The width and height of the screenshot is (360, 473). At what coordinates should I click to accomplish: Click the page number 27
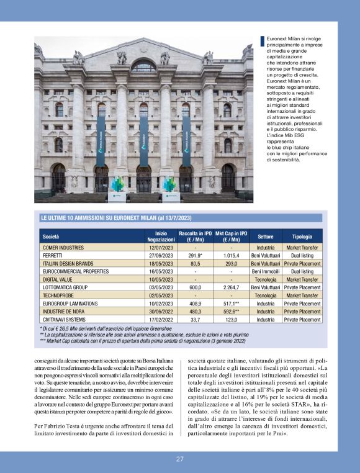[x=179, y=459]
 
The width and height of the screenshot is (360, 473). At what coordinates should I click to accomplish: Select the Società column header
[x=51, y=236]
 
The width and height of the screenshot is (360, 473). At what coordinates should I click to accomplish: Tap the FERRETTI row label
[x=52, y=255]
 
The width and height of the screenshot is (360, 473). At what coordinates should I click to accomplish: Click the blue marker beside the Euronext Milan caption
[x=263, y=42]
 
